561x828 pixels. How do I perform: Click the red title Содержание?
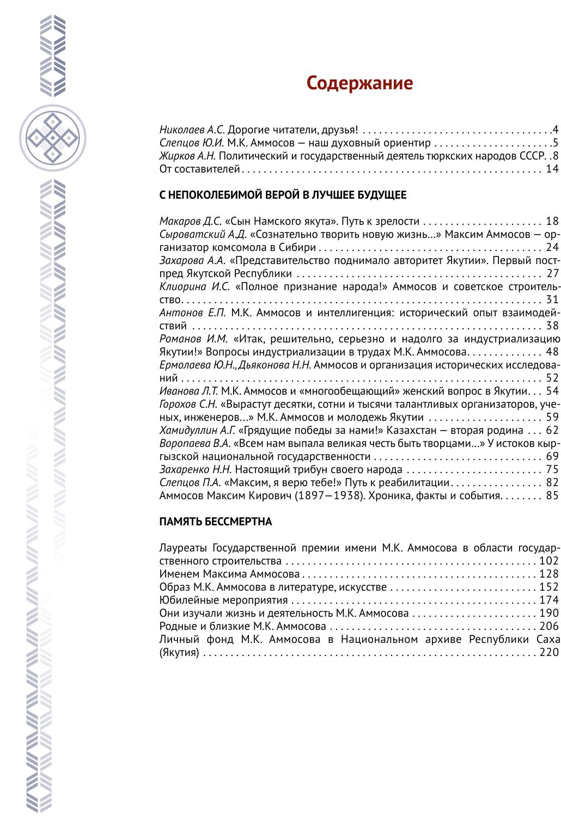[x=359, y=83]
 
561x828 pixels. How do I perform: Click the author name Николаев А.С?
[x=192, y=130]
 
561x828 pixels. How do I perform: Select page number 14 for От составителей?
[x=552, y=169]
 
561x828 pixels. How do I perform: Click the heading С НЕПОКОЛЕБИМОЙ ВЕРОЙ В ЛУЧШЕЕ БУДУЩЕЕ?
[x=283, y=195]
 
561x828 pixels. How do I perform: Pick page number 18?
[x=552, y=221]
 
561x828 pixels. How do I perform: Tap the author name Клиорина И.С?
[x=194, y=286]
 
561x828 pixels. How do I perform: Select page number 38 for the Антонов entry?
[x=552, y=326]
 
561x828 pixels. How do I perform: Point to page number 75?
[x=552, y=469]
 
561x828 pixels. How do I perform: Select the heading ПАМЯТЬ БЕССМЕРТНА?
[x=216, y=522]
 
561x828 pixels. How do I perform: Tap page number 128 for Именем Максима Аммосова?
[x=549, y=574]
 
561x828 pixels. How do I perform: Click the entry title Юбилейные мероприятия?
[x=224, y=600]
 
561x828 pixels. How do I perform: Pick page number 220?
[x=549, y=652]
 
